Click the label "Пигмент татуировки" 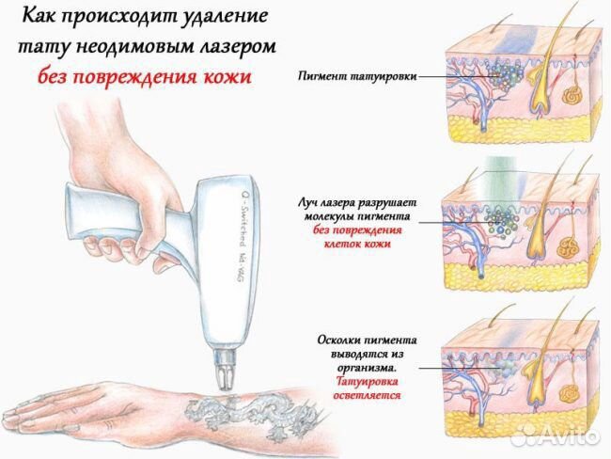pos(357,76)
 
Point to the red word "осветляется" pos(367,396)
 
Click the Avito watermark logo pos(558,435)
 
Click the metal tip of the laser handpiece pos(226,371)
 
